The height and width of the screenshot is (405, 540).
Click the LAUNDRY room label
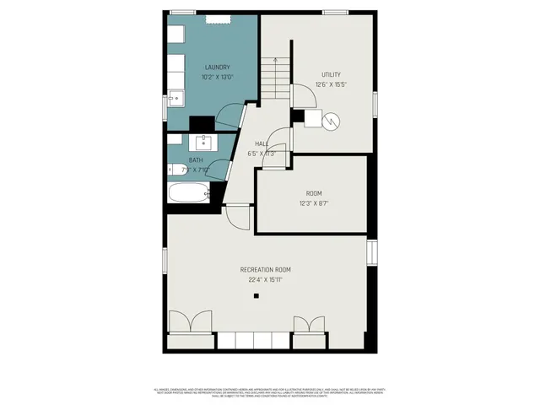click(x=216, y=67)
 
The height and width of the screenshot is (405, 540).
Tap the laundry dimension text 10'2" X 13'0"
click(x=216, y=78)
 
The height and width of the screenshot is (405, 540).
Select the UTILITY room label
click(x=330, y=73)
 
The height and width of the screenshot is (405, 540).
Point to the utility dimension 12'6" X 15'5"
click(x=330, y=84)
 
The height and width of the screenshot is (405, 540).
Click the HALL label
click(x=262, y=144)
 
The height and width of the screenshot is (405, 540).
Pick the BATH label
click(x=196, y=160)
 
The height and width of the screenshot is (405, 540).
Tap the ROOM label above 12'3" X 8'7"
click(x=313, y=193)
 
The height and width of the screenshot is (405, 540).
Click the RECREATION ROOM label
click(x=271, y=270)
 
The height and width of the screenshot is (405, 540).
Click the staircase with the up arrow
click(x=271, y=78)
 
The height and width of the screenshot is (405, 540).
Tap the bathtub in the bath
click(x=187, y=194)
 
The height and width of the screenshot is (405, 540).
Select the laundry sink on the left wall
click(x=175, y=98)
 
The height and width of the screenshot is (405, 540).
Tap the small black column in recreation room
click(x=256, y=296)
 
